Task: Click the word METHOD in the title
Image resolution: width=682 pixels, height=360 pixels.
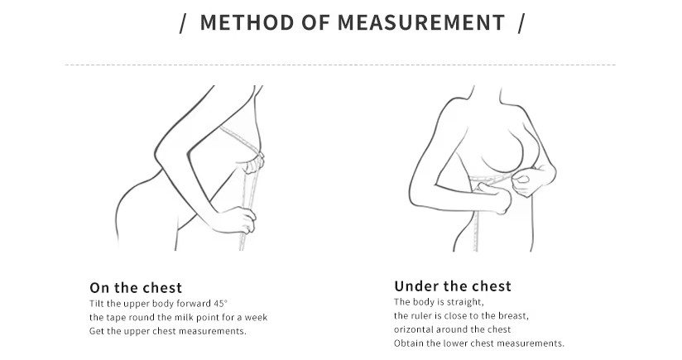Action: [x=247, y=22]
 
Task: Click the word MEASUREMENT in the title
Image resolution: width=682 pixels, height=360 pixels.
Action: [x=421, y=22]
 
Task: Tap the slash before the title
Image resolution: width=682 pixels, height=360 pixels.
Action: [x=183, y=23]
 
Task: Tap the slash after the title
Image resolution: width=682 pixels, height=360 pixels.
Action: [x=521, y=23]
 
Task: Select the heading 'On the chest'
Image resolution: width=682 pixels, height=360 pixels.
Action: [x=136, y=288]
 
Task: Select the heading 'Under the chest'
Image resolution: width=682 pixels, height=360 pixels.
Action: [x=453, y=286]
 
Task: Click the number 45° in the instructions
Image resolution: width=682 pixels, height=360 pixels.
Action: [x=220, y=304]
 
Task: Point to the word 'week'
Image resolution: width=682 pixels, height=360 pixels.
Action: [x=256, y=318]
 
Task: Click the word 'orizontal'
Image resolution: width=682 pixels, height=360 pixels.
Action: [x=414, y=329]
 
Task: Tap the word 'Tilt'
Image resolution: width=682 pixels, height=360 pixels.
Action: [x=97, y=304]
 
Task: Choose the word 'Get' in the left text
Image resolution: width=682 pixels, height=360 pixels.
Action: [x=97, y=331]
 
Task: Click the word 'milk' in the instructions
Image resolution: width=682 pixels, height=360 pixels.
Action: [x=184, y=318]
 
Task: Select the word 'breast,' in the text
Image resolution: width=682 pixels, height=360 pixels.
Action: [x=514, y=315]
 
